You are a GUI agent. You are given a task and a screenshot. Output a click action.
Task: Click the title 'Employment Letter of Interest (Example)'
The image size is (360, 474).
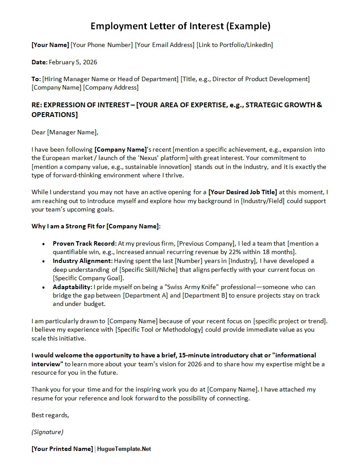tap(180, 26)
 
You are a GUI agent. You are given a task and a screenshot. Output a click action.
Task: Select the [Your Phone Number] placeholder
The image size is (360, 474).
tap(102, 45)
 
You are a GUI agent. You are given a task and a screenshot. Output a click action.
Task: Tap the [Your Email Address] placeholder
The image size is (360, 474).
tap(164, 45)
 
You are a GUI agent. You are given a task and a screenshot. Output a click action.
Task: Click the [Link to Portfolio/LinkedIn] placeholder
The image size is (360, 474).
tap(235, 45)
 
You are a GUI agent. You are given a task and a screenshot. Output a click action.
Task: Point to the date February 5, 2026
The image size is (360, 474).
tap(73, 62)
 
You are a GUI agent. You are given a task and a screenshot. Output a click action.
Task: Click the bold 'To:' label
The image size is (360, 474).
tap(36, 79)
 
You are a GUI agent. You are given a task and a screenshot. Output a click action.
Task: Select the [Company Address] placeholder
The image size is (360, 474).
tap(111, 87)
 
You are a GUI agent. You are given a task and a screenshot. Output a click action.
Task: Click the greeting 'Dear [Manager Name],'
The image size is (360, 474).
tap(65, 132)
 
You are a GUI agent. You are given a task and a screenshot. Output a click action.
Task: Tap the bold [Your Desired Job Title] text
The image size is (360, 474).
tap(243, 192)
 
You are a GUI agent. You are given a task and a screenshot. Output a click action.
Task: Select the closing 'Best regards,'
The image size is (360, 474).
tap(50, 415)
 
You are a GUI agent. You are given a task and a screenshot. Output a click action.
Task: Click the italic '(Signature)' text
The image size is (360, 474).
tap(47, 432)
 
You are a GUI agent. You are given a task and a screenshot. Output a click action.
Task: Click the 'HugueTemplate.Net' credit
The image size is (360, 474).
tap(124, 449)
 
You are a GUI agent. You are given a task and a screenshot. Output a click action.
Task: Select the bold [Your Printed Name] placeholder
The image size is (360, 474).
tap(62, 449)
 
